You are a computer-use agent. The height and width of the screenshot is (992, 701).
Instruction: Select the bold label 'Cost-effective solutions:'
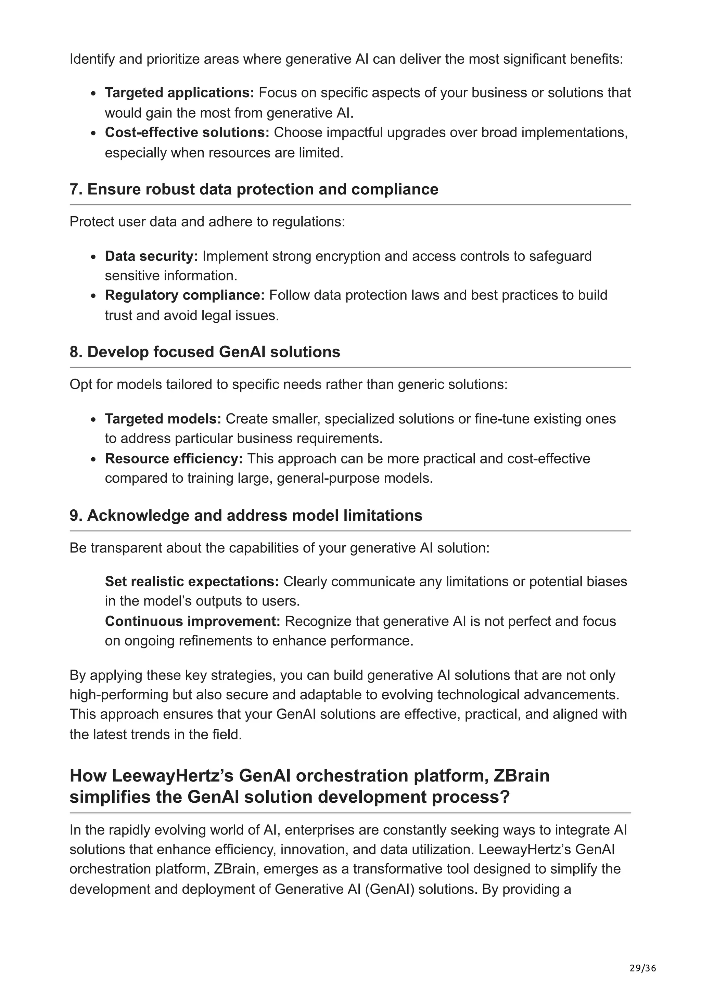187,132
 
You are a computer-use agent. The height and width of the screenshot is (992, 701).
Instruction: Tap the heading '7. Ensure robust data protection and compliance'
254,189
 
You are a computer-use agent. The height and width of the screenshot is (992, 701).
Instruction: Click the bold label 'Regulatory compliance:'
184,295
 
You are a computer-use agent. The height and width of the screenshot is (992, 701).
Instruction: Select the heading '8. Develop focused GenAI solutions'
205,352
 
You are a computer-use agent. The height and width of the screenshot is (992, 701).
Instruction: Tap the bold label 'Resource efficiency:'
174,458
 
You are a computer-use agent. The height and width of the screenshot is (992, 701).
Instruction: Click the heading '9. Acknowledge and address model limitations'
246,516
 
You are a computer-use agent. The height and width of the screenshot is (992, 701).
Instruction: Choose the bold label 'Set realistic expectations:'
192,582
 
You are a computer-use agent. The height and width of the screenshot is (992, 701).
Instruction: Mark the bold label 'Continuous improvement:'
192,621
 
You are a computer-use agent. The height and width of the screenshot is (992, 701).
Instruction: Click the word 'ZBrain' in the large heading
521,776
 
